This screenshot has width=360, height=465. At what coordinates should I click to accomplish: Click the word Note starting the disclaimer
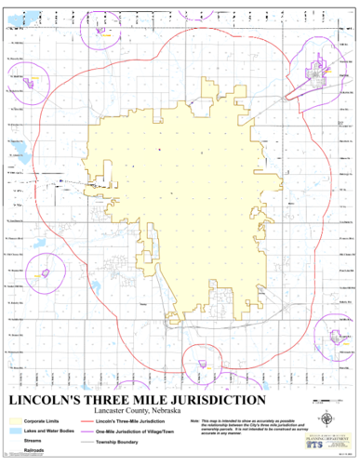(193, 421)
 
